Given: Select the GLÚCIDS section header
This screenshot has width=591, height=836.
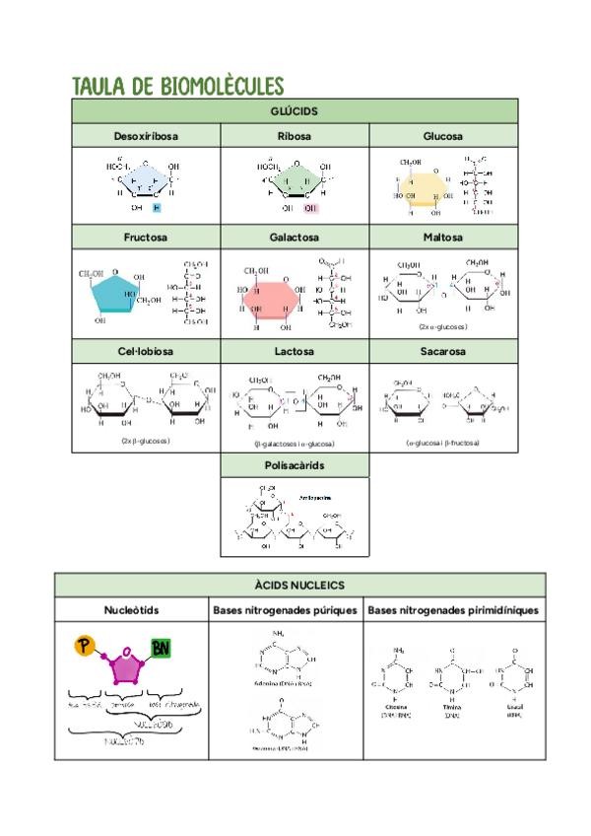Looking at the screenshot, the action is pos(295,111).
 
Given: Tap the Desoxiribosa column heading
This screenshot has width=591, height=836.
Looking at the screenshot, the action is pos(146,136).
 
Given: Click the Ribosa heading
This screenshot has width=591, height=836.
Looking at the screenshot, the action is pos(295,136).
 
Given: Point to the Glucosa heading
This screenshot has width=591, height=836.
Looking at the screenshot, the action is pos(442,136).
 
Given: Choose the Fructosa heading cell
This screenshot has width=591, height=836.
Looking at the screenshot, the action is pos(146,238).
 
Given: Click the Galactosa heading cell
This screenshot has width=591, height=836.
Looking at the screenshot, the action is pos(295,238).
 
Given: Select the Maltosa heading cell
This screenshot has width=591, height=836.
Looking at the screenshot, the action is pos(442,238).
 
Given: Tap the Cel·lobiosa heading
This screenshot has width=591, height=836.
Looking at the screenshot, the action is pos(146,351).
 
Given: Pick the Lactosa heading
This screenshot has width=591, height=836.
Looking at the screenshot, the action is pos(295,351).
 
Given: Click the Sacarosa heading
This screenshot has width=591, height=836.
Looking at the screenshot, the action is pos(442,351).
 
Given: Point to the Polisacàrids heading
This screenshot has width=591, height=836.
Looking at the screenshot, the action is pos(295,464).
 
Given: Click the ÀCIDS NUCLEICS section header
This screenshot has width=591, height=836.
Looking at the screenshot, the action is pos(295,586).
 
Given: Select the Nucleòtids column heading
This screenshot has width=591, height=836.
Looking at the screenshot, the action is pos(131,610).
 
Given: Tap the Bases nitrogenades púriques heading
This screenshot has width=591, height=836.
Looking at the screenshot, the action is pos(285,610).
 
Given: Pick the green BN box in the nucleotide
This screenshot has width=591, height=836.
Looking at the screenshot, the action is pos(161,648).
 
